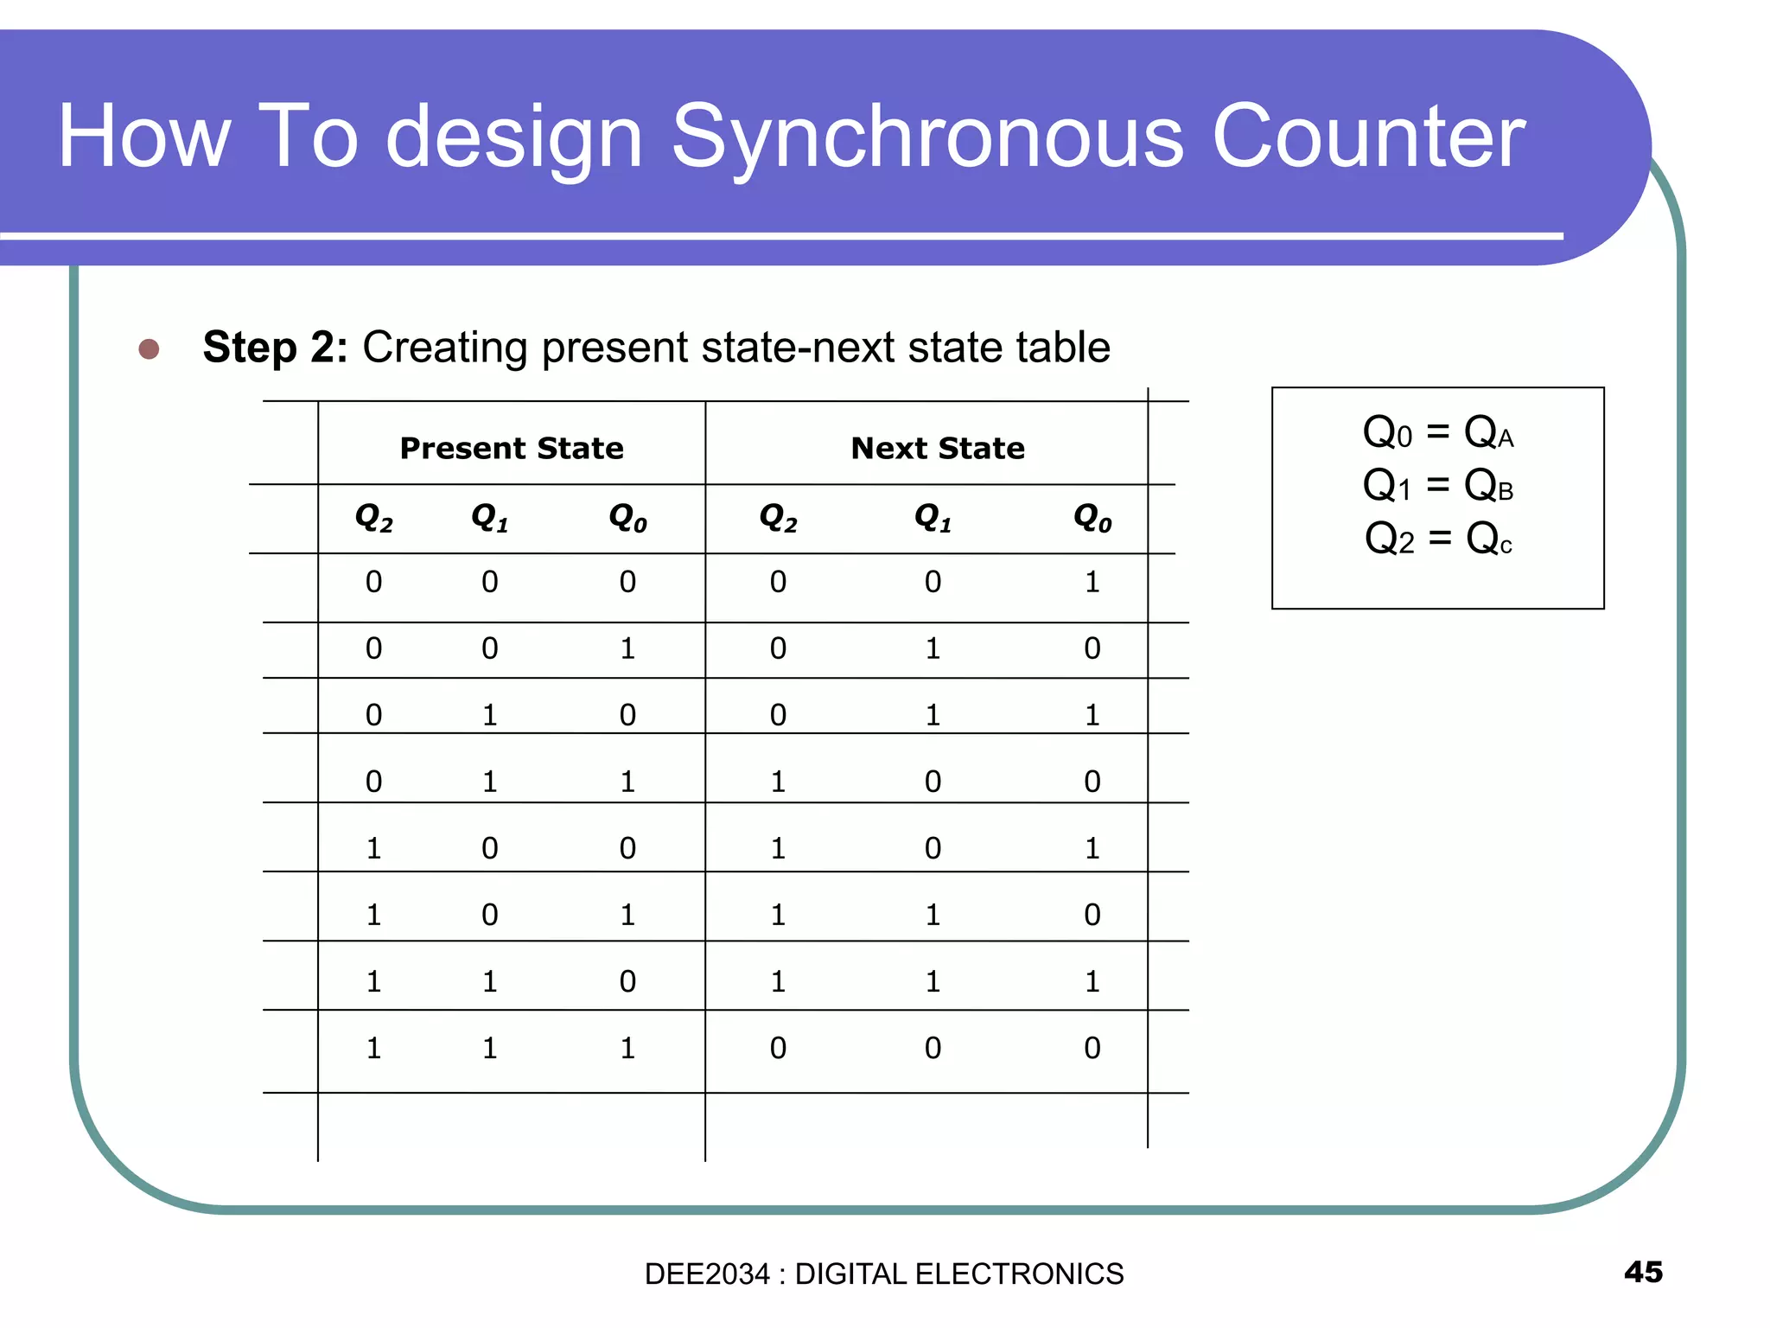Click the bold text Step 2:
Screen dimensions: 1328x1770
coord(275,348)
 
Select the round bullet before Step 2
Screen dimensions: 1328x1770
coord(149,348)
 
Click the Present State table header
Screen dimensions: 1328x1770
coord(511,448)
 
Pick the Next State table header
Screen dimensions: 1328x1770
coord(938,448)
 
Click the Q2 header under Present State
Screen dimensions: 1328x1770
coord(373,518)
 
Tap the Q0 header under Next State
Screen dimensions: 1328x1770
coord(1092,518)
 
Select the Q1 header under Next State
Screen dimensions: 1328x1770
coord(933,518)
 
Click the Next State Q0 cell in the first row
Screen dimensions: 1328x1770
coord(1092,582)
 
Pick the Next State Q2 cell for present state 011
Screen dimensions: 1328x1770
coord(778,782)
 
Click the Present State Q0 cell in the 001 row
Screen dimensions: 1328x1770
coord(627,648)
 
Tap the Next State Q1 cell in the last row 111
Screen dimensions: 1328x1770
coord(933,1048)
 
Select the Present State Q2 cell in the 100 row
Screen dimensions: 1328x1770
coord(373,848)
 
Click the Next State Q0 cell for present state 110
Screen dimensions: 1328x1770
coord(1092,981)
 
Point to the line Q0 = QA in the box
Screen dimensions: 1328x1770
coord(1437,431)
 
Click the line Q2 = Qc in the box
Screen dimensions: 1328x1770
coord(1437,539)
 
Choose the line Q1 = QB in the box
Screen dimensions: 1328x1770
coord(1437,485)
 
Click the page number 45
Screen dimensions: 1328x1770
coord(1643,1272)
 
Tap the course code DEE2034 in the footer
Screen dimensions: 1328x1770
coord(706,1274)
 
